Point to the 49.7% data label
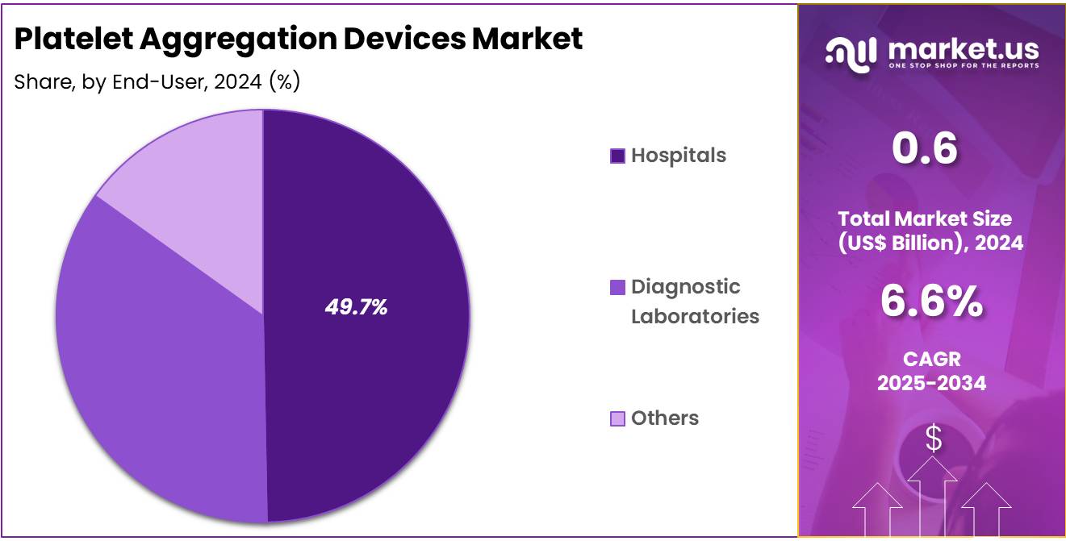356,307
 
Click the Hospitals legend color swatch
617,156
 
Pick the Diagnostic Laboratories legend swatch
617,287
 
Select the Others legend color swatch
617,418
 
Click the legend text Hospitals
678,155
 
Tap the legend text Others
664,418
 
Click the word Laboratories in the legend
694,316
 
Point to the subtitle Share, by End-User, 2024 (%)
157,81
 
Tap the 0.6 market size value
925,149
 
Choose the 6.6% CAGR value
931,302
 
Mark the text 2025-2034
931,383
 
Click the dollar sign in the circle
933,439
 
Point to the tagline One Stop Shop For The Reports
963,65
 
